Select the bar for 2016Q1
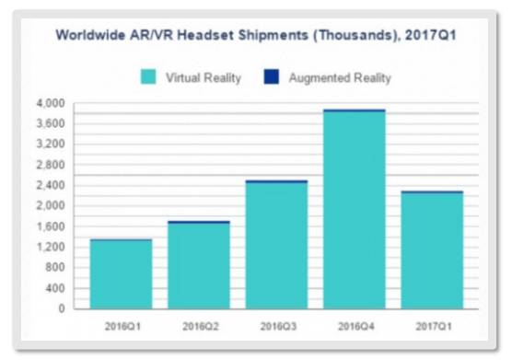pos(121,274)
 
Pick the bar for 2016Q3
pos(276,245)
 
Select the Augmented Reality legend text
pos(340,78)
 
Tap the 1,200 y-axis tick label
pos(56,247)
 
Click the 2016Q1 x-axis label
pos(121,326)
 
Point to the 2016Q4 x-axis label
pos(355,326)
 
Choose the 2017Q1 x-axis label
pos(432,326)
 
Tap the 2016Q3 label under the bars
pos(276,326)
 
